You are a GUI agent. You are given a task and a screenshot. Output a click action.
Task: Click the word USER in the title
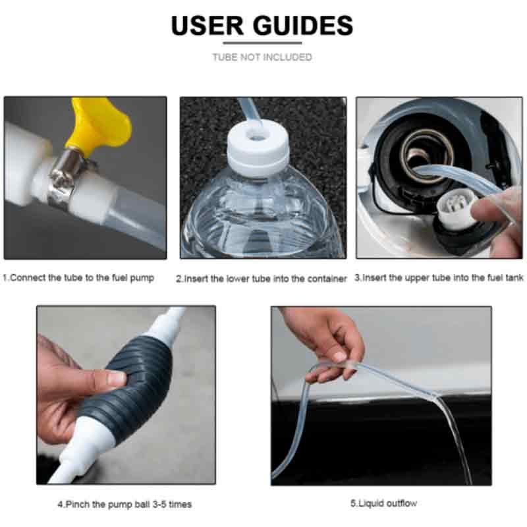tap(207, 25)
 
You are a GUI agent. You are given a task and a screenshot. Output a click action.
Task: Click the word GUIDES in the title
tap(303, 25)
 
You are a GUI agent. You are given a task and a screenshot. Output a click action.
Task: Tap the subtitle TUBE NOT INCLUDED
tap(262, 57)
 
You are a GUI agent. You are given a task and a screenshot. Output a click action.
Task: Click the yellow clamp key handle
tap(99, 123)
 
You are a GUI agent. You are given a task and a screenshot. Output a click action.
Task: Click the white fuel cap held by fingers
tap(458, 208)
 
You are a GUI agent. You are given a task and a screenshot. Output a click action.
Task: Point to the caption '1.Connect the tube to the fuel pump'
tap(78, 278)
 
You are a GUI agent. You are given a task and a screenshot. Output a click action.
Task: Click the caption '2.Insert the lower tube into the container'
tap(261, 279)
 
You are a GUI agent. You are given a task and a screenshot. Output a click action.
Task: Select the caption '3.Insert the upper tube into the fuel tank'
tap(439, 278)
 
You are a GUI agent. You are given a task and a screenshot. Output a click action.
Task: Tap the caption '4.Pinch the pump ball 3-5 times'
tap(125, 504)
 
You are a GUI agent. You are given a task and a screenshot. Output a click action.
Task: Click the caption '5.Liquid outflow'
tap(383, 503)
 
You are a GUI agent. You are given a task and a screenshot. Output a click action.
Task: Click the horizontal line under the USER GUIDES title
tap(262, 43)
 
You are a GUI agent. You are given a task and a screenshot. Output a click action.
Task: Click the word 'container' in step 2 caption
tap(327, 279)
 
